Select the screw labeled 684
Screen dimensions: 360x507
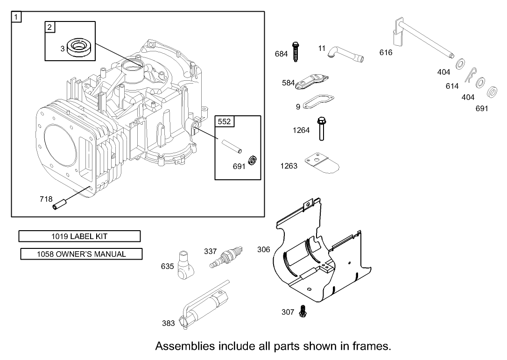[296, 52]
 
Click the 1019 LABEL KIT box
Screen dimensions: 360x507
[79, 236]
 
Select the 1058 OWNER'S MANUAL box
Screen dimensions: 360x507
[82, 254]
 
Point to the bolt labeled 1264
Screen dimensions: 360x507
[321, 128]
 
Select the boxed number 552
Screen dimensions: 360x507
[225, 122]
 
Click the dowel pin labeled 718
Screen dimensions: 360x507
[59, 205]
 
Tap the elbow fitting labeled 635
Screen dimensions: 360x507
[186, 264]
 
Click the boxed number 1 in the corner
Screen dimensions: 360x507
[17, 17]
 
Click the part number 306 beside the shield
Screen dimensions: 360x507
[264, 250]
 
